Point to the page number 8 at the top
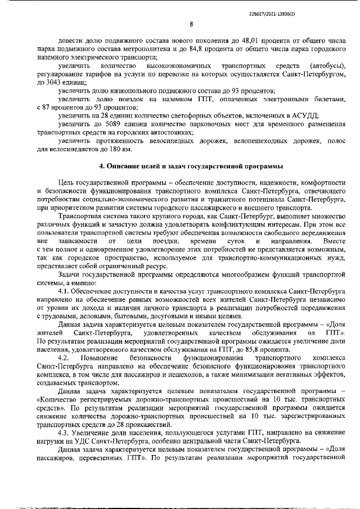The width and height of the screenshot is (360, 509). [x=191, y=24]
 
